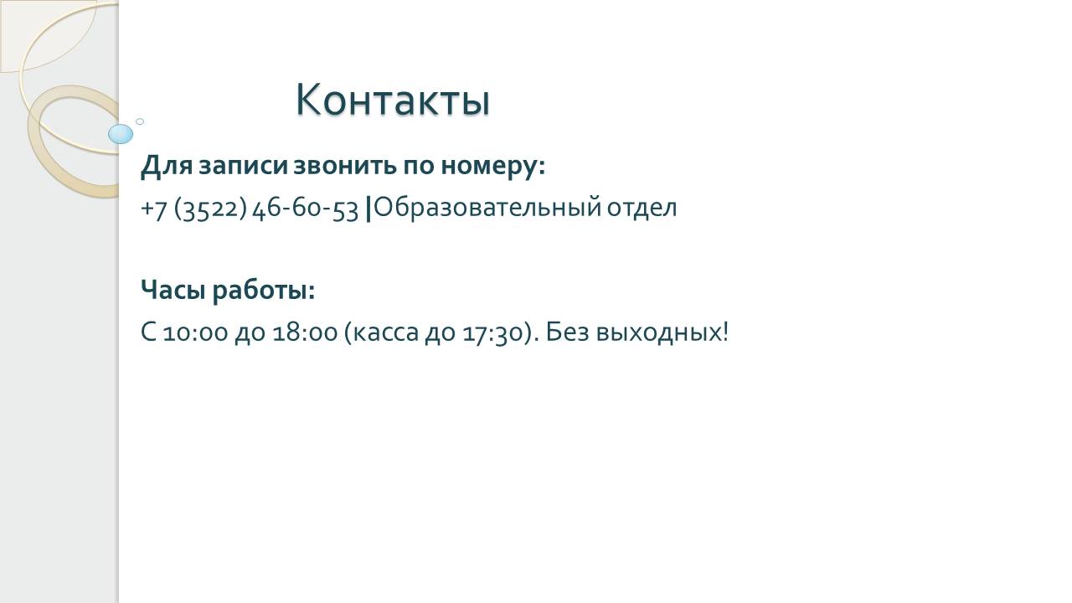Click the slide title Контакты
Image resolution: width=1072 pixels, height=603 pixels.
393,100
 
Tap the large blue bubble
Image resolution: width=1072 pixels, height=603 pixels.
121,134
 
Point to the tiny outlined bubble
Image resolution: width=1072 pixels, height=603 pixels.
140,121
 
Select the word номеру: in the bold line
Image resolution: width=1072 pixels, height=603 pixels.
493,167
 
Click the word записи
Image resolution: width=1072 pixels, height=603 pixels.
243,166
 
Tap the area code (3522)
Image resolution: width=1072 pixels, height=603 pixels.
210,209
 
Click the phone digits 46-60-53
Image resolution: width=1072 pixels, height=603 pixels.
306,209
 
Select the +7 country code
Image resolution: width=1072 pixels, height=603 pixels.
153,209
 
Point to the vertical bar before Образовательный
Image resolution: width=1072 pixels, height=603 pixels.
368,209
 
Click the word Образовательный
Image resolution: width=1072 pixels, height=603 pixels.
487,208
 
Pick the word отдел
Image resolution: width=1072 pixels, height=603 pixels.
642,209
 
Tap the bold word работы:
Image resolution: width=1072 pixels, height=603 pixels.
264,290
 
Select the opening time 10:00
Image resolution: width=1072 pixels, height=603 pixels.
195,332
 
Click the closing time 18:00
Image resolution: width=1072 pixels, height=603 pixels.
305,332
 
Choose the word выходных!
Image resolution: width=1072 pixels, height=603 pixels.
662,332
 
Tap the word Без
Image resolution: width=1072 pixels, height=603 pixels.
567,331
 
